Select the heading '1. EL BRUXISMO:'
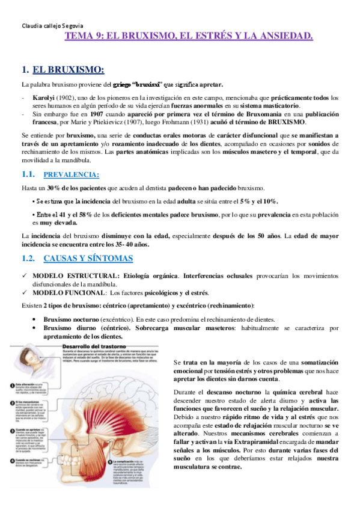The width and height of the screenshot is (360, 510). [67, 69]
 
